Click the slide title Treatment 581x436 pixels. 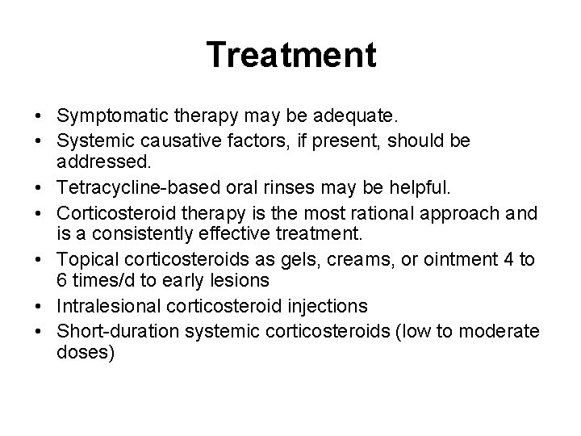[x=290, y=56]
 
